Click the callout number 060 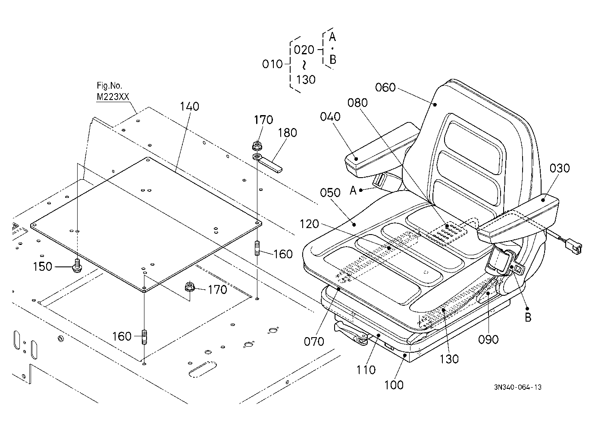pos(385,88)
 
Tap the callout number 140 pos(189,106)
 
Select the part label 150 pos(42,266)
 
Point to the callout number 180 pos(287,133)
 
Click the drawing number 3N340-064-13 pos(518,387)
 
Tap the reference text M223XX pos(113,97)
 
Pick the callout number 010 pos(272,64)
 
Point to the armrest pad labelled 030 pos(518,218)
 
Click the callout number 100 pos(394,385)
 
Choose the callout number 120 pos(309,224)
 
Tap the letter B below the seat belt pos(528,318)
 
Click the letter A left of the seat pos(353,191)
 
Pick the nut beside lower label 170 pos(189,287)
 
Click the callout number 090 pos(488,340)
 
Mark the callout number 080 pos(357,103)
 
